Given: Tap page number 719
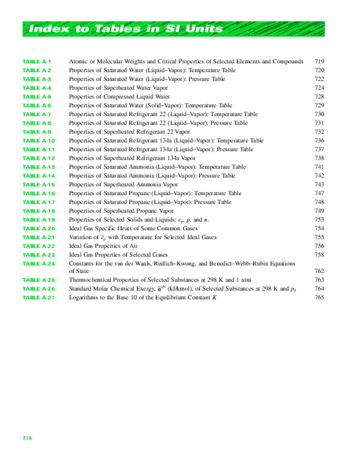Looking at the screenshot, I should pos(319,62).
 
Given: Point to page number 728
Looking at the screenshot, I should pos(319,97).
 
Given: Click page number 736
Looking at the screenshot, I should pos(319,141).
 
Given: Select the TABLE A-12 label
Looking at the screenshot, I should pos(38,158).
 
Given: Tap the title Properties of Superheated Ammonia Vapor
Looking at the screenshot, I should pos(122,184).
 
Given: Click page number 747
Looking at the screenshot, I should pos(319,193).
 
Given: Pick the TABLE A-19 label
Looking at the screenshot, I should pos(38,220).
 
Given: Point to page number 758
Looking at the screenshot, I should pos(319,255).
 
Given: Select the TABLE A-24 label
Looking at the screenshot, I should pos(38,264).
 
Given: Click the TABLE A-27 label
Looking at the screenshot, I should pos(38,298).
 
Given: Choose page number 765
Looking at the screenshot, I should pos(319,298).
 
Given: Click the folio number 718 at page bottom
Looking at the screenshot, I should pos(27,438).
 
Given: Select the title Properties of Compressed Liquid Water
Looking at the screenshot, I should pos(119,97).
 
